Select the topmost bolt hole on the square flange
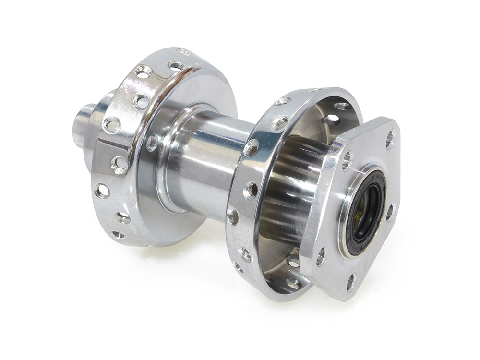point(389,139)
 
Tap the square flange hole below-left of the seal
point(320,257)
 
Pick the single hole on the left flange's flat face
point(153,142)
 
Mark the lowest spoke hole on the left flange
point(117,235)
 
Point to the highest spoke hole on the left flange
point(182,51)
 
